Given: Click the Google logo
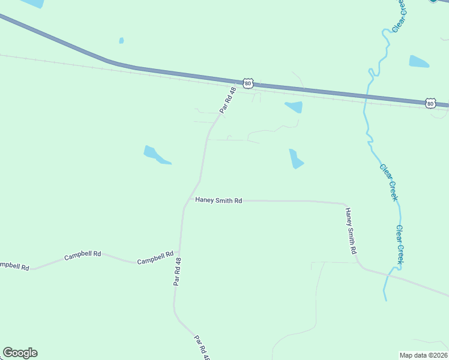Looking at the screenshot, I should click(20, 353).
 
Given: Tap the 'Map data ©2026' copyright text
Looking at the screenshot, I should click(423, 355).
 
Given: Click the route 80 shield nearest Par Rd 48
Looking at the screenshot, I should click(249, 83).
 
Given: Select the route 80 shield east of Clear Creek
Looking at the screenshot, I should click(430, 103).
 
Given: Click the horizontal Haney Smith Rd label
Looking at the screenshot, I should click(218, 200).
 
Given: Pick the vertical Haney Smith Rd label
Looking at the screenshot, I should click(351, 231).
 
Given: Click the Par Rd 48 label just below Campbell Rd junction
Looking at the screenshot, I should click(176, 272).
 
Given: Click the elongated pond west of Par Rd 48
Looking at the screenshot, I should click(155, 155).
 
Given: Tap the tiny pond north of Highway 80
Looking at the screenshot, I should click(121, 41).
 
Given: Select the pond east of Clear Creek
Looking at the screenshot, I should click(419, 61).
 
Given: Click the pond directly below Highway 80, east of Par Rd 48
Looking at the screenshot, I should click(294, 107).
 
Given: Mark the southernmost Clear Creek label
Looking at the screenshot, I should click(399, 244).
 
